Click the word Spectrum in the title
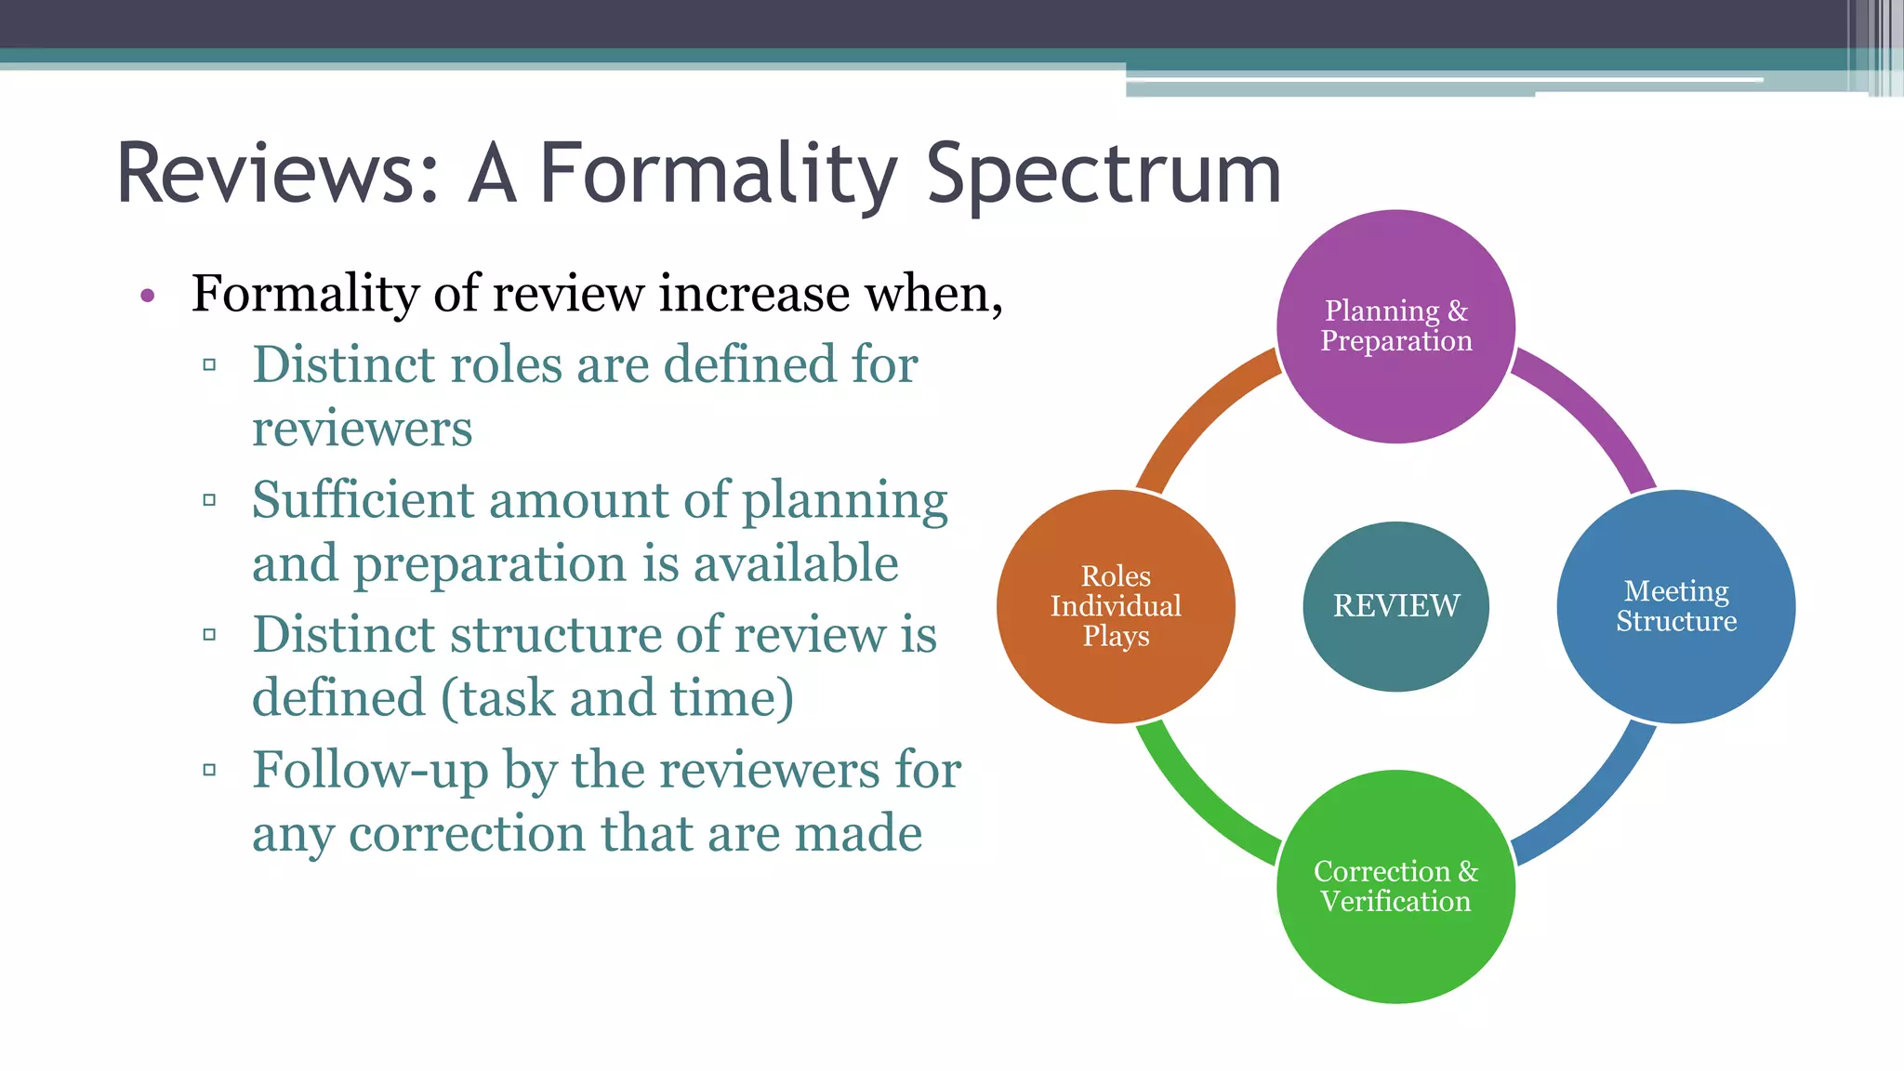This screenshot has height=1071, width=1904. click(x=1104, y=174)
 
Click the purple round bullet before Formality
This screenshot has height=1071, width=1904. click(x=147, y=297)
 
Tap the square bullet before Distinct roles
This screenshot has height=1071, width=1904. click(x=209, y=365)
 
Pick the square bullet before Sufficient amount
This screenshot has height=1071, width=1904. click(x=209, y=500)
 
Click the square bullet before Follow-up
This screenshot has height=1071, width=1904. click(x=209, y=770)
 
